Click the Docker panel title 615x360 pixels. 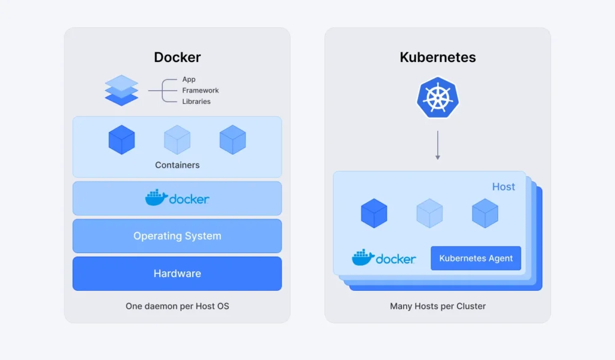[177, 58]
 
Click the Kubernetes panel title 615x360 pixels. [437, 58]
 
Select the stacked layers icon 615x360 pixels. [121, 91]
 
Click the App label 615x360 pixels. [189, 79]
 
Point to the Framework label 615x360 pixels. [201, 90]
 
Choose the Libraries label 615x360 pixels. [196, 102]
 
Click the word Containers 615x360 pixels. [177, 165]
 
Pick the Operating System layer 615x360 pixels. [177, 236]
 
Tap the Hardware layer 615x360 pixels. [177, 273]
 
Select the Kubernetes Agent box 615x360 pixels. [476, 258]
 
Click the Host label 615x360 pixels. [503, 187]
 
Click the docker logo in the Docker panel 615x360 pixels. [177, 198]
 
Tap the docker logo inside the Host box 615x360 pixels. [384, 258]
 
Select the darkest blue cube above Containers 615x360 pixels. [121, 139]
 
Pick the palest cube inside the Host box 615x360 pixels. [429, 213]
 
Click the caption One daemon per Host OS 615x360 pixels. [177, 306]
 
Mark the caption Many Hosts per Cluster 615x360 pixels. [437, 306]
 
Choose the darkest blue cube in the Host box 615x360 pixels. [374, 213]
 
